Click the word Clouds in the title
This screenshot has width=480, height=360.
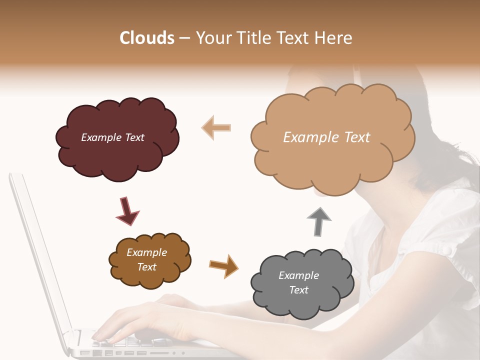pyautogui.click(x=147, y=38)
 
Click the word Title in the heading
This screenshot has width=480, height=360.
pyautogui.click(x=252, y=38)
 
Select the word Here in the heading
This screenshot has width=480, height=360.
pyautogui.click(x=333, y=38)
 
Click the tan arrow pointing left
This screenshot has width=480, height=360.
pyautogui.click(x=216, y=127)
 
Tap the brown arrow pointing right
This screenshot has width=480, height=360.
pyautogui.click(x=223, y=265)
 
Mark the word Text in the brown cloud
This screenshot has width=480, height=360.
pyautogui.click(x=147, y=267)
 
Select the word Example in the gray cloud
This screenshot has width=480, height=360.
pyautogui.click(x=298, y=275)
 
